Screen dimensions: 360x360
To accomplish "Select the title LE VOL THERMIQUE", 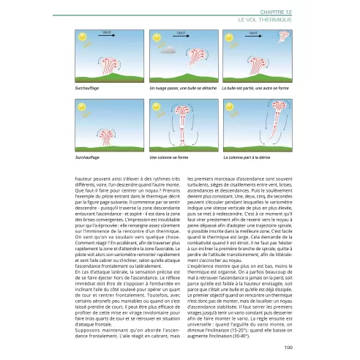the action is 260,14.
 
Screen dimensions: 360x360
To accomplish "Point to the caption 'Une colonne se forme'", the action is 169,157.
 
